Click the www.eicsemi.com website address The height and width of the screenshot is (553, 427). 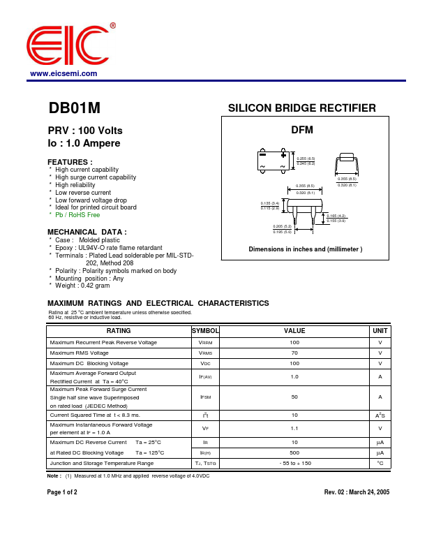coord(63,73)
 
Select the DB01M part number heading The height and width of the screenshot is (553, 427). coord(74,109)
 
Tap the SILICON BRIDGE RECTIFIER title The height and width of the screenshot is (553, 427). coord(302,108)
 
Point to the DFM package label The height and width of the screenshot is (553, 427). coord(301,130)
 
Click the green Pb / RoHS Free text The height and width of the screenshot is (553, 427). coord(77,215)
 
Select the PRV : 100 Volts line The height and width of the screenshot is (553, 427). coord(85,131)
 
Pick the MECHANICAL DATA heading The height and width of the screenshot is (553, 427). coord(87,232)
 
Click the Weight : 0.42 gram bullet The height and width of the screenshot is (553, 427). coord(82,286)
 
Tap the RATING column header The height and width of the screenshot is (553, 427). coord(119,330)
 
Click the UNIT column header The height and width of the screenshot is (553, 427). coord(380,330)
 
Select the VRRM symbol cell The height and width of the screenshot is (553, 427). coord(205,343)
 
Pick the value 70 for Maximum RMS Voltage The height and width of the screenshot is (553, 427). coord(294,353)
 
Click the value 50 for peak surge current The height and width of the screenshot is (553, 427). coord(294,397)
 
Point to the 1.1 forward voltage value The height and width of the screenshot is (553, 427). coord(294,428)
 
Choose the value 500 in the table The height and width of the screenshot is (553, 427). coord(294,452)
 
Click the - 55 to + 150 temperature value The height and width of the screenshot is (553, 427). coord(294,463)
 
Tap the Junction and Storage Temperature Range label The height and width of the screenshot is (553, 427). coord(102,463)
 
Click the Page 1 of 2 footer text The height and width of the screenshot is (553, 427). coord(62,492)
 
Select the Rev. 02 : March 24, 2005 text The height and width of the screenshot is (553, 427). coord(357,492)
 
